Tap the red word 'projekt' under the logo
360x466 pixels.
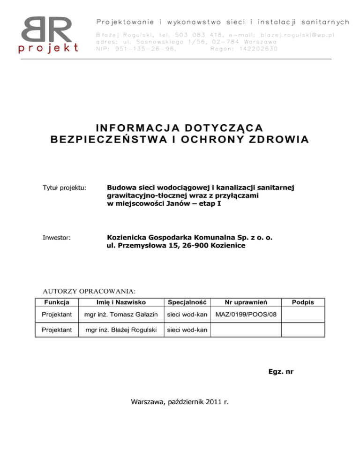tap(49, 48)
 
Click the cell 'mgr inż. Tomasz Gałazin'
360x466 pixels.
tap(118, 316)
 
